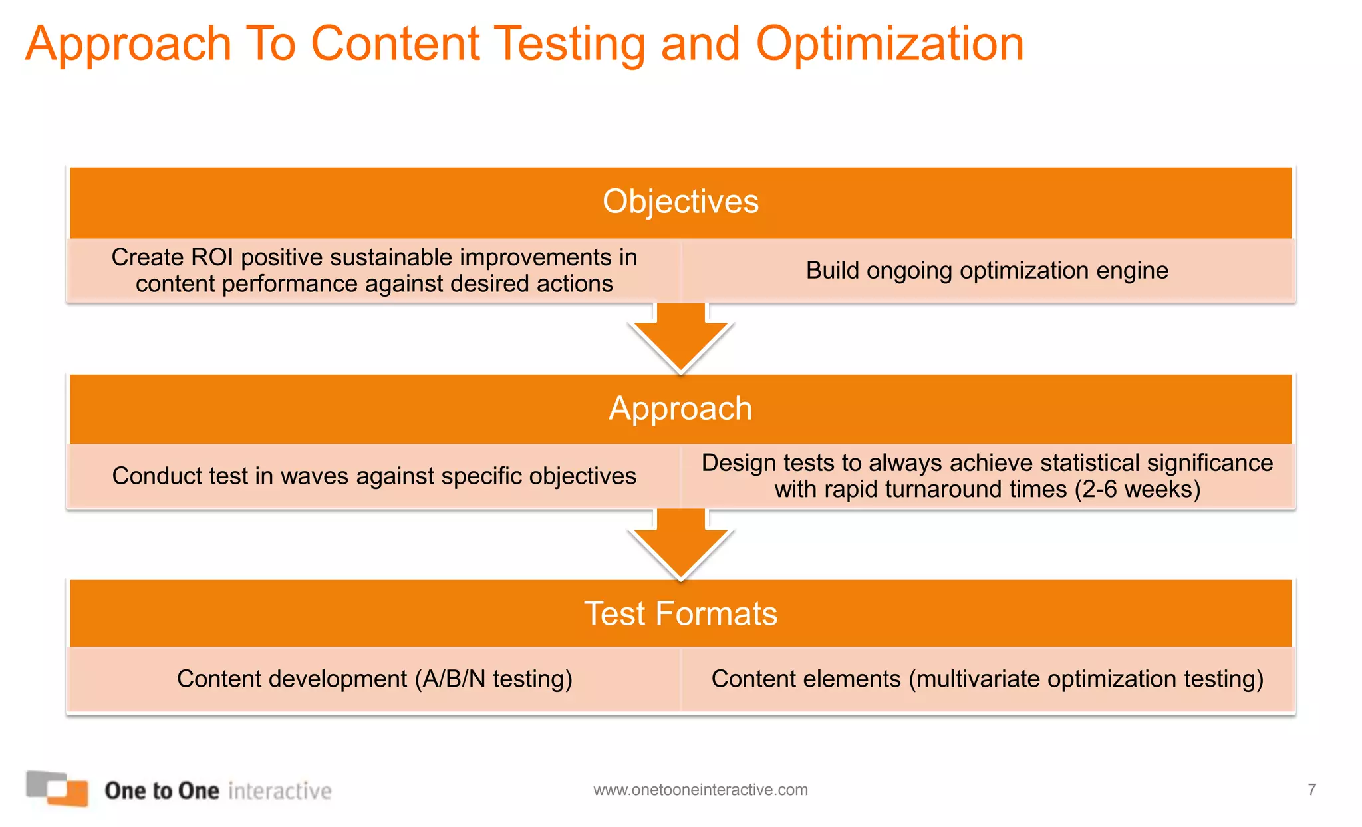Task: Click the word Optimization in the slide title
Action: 889,44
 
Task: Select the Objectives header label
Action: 680,202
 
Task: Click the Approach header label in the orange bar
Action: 680,408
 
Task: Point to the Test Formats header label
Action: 680,613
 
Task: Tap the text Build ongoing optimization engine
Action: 987,271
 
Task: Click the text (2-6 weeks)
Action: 1137,490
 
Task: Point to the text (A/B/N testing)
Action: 493,679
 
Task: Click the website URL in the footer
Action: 700,790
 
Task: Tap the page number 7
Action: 1311,790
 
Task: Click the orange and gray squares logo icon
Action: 57,788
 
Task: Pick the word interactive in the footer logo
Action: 279,791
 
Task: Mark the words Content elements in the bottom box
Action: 806,679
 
